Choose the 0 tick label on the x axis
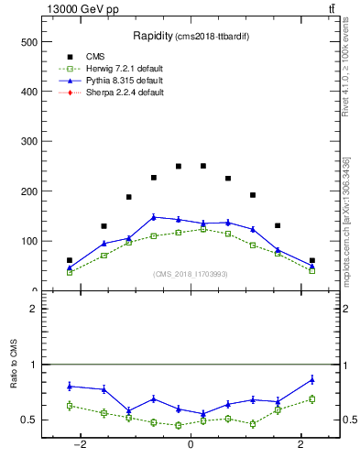point(190,444)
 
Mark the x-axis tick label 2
point(300,444)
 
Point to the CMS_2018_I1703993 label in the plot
point(191,274)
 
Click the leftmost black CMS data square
point(70,260)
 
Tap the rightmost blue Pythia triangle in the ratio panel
point(312,379)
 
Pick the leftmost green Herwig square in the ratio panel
point(70,405)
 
